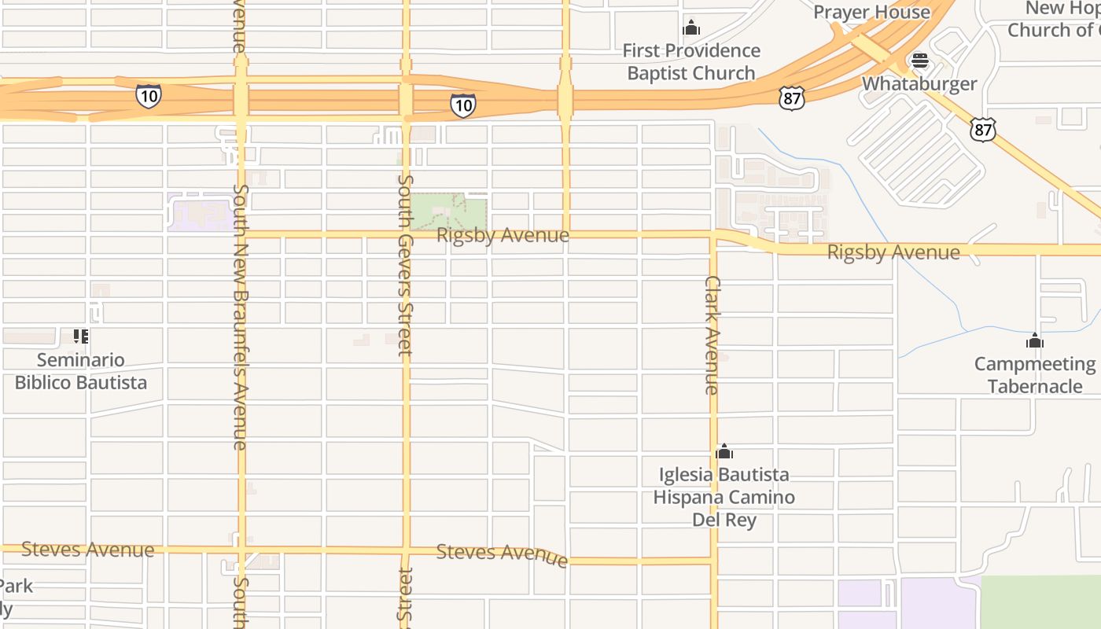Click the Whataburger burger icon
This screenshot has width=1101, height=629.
(919, 61)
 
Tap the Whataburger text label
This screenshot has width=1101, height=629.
(919, 83)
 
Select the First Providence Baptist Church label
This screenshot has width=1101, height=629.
(691, 62)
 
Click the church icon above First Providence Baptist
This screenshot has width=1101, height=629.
(691, 28)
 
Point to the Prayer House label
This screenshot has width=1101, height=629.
(871, 12)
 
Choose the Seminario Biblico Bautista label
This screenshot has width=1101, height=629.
(81, 371)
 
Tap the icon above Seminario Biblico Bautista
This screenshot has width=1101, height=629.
(80, 337)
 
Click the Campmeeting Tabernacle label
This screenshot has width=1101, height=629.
(1034, 375)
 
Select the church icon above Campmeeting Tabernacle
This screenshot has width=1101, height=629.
(1034, 340)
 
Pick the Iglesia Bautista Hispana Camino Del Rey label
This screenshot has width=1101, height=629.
(724, 497)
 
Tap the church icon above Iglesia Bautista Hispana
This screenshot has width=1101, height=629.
(724, 452)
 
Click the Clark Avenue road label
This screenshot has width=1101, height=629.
(713, 334)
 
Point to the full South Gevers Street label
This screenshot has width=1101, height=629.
(405, 265)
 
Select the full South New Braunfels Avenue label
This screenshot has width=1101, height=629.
(241, 317)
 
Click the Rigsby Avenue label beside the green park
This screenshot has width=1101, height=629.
(503, 235)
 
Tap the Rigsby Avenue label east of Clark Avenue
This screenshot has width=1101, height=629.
(893, 252)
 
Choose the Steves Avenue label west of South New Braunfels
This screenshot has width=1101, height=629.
(87, 549)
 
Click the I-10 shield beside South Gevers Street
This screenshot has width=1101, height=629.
(462, 105)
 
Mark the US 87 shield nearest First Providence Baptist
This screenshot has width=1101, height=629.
(792, 98)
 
